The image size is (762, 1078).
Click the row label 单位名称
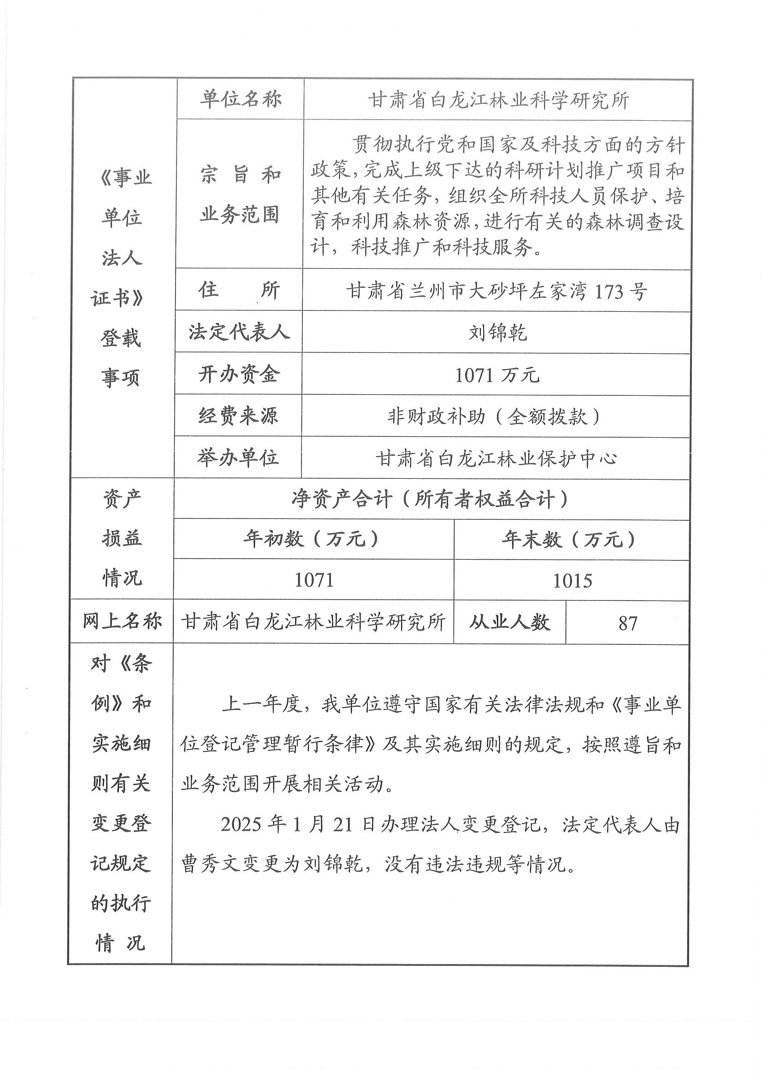pos(240,99)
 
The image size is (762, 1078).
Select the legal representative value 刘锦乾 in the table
pos(497,333)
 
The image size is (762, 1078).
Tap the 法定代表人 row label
pos(239,332)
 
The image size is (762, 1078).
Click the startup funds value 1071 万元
pos(497,375)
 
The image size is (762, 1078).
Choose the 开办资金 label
pos(239,374)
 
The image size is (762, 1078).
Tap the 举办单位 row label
pos(238,458)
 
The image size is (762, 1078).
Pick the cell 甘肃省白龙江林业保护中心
pos(496,459)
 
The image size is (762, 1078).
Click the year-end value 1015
pos(572,581)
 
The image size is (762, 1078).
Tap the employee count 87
pos(627,624)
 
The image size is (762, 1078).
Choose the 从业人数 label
pos(509,623)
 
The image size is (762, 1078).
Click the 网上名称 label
pos(122,622)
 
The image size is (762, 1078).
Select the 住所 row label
pos(239,290)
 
